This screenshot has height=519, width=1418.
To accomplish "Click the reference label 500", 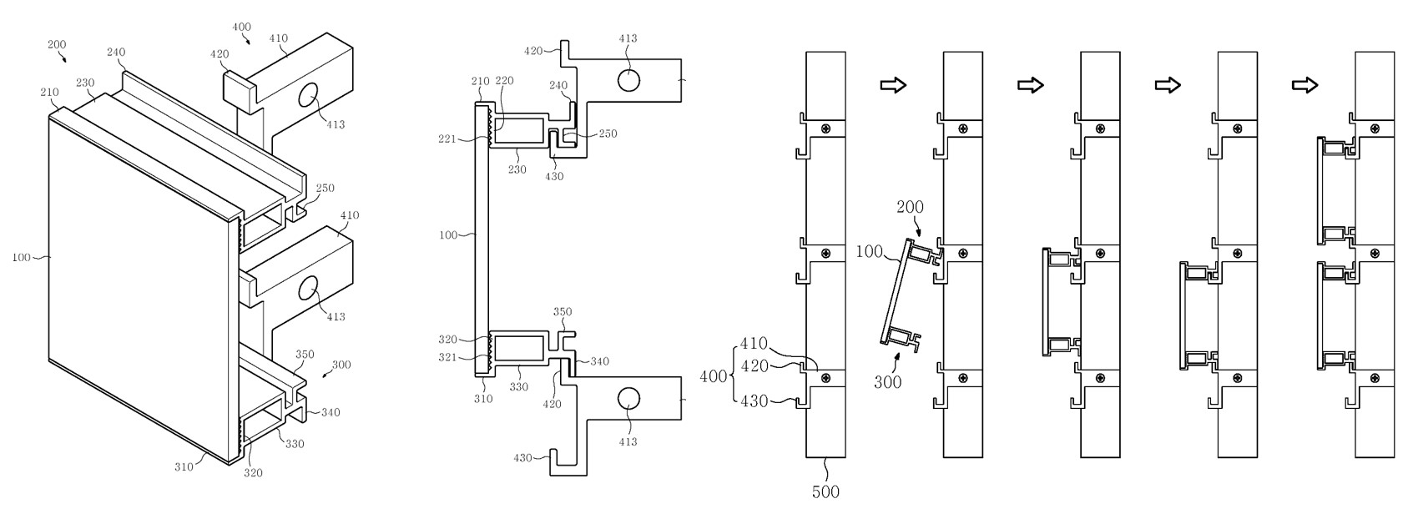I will [825, 491].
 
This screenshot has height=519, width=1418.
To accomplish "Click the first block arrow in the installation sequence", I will [893, 85].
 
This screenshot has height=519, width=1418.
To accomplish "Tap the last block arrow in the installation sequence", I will [1304, 85].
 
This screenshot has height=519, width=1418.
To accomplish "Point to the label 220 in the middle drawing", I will [504, 81].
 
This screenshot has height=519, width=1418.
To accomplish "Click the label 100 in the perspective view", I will [23, 257].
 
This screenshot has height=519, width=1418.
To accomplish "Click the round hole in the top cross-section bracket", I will [628, 80].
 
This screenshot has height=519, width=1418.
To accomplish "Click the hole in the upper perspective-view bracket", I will [308, 94].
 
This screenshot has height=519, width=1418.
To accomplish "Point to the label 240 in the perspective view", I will [116, 52].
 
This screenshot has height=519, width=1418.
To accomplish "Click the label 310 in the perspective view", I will [184, 466].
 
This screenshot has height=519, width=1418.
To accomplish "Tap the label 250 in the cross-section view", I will [608, 134].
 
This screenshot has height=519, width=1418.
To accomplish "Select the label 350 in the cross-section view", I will [563, 312].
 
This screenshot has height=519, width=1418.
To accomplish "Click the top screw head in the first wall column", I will [825, 128].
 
